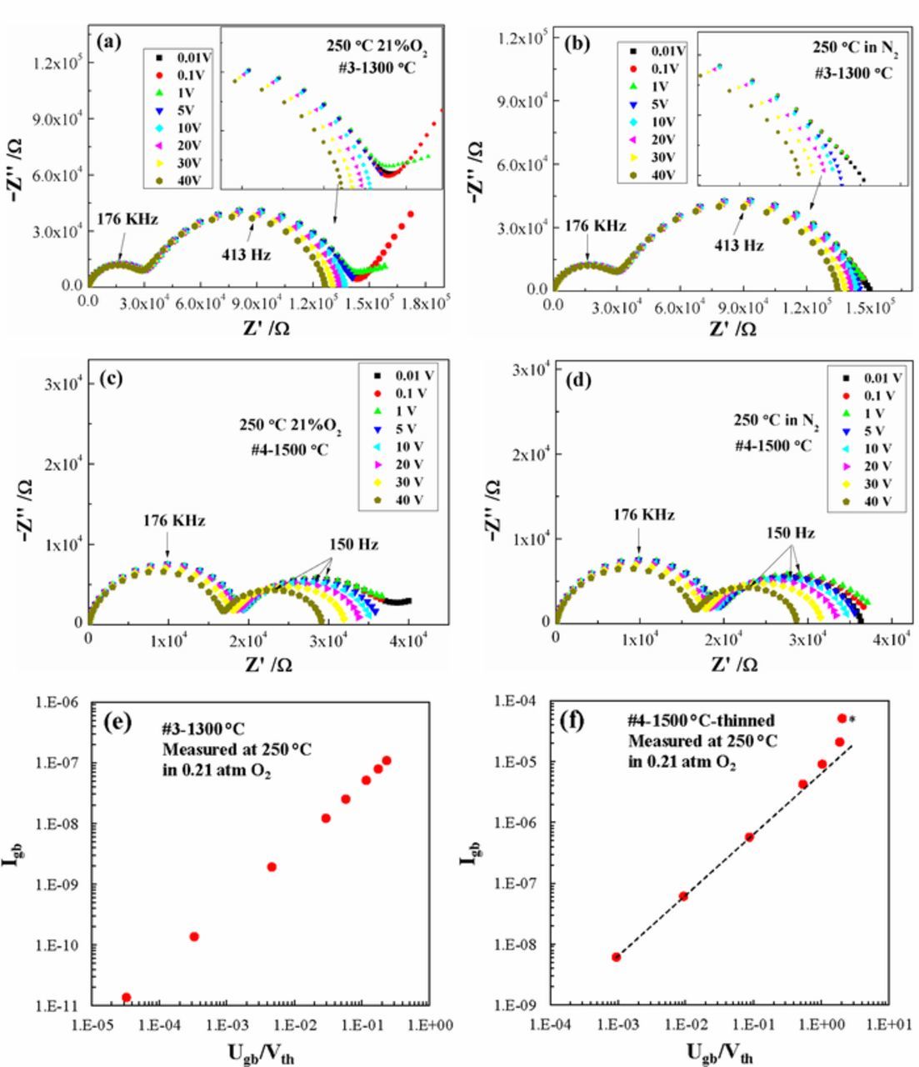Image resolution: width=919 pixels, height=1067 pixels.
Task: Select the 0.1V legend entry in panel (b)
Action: pyautogui.click(x=656, y=68)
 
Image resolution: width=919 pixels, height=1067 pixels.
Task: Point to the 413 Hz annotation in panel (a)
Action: pyautogui.click(x=247, y=254)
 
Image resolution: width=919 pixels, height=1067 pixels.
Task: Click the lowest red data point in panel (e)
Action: pyautogui.click(x=127, y=997)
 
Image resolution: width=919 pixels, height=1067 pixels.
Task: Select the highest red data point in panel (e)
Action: pyautogui.click(x=386, y=760)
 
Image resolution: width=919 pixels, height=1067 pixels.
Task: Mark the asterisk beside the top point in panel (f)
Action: pyautogui.click(x=852, y=720)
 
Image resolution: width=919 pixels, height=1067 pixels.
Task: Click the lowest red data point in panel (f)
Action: pyautogui.click(x=617, y=957)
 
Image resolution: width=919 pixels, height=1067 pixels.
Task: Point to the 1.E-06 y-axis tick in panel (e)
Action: pyautogui.click(x=57, y=703)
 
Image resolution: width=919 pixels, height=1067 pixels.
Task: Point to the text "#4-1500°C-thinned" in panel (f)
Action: pyautogui.click(x=701, y=720)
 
